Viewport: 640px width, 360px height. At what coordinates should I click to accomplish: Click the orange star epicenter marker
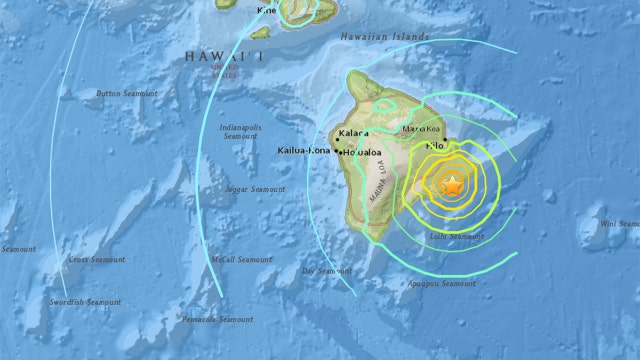(452, 185)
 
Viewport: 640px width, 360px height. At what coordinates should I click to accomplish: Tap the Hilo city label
(435, 146)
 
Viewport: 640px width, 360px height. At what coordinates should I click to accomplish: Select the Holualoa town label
(363, 153)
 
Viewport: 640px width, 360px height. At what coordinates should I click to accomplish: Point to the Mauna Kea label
(421, 129)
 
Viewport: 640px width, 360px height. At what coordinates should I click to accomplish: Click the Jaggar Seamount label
(254, 189)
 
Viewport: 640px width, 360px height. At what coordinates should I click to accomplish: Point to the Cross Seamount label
(97, 259)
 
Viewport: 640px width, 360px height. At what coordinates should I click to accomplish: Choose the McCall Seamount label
(241, 259)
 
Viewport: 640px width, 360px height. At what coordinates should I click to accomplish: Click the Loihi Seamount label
(456, 237)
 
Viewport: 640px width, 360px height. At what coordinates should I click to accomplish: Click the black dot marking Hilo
(445, 141)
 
